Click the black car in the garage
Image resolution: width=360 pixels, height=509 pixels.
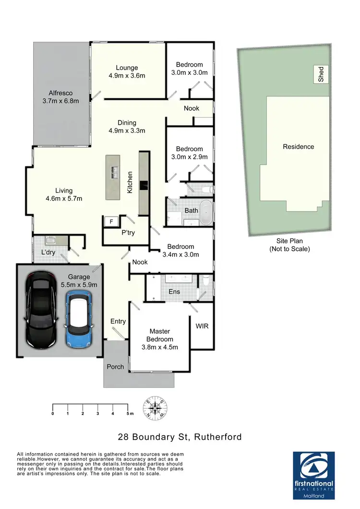41,309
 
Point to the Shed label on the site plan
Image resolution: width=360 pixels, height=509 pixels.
321,74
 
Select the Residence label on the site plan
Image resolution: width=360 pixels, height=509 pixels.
298,147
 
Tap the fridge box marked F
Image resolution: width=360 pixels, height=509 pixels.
111,222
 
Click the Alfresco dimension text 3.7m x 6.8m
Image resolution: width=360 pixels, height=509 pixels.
60,101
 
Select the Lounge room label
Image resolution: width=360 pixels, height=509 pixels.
126,68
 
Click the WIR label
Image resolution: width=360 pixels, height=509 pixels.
202,325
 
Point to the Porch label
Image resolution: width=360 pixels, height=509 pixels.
115,367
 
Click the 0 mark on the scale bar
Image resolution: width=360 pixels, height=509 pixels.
53,413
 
